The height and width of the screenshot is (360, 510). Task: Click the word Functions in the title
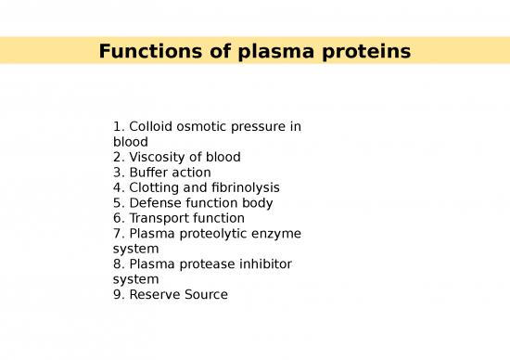pos(145,51)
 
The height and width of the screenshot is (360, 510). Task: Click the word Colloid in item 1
pos(150,126)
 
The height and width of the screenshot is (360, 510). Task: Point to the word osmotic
pos(204,126)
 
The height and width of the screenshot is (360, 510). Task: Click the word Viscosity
pos(156,157)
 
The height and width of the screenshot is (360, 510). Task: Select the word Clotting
pos(155,187)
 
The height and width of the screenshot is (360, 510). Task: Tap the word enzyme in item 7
pos(277,233)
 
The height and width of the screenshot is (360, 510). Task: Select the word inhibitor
pos(265,264)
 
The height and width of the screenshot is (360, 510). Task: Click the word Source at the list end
pos(205,294)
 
